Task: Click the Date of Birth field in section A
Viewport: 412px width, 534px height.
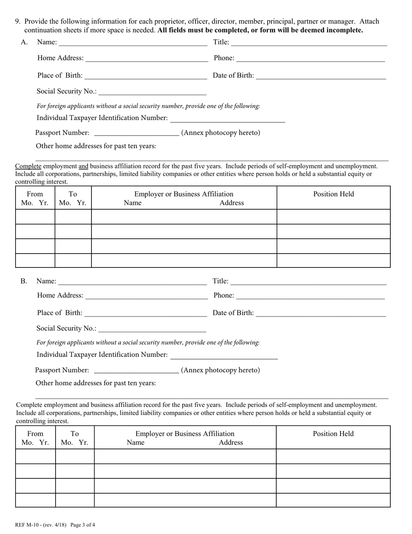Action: point(321,76)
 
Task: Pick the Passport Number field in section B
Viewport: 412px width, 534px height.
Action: point(136,370)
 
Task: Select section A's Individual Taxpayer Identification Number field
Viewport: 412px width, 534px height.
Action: point(228,118)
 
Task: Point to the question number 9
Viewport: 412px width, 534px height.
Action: point(18,21)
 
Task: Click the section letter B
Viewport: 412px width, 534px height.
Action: point(23,281)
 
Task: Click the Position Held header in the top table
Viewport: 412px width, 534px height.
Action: point(334,194)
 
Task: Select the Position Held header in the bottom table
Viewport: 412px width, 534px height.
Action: point(333,434)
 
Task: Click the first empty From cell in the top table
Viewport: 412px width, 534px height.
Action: point(35,217)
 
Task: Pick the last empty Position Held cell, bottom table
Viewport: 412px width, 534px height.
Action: point(333,500)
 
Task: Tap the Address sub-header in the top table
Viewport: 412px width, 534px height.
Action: point(232,203)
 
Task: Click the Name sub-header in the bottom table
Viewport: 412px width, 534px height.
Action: point(135,442)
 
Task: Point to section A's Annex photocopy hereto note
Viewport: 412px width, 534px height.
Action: point(221,133)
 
